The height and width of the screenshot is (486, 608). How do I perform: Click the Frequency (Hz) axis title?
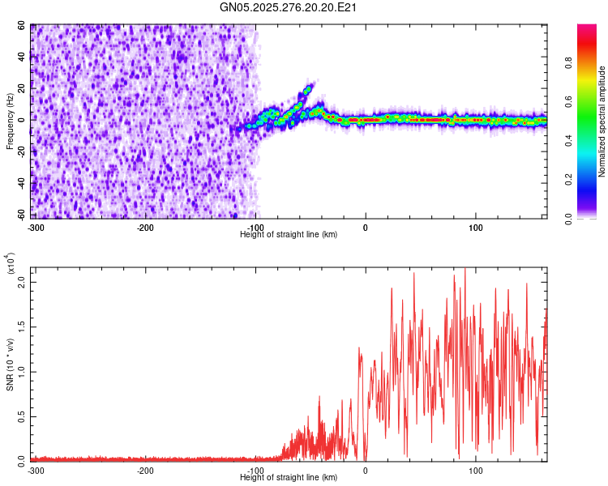tap(10, 122)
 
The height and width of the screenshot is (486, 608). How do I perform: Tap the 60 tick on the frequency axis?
tap(22, 27)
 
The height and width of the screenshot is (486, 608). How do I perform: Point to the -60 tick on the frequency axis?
tap(20, 215)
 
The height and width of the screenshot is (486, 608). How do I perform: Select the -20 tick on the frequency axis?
tap(20, 152)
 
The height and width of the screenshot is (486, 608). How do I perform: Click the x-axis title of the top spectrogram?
tap(289, 234)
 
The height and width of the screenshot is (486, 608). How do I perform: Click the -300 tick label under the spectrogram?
tap(36, 227)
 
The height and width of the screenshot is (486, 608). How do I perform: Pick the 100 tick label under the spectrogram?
tap(477, 227)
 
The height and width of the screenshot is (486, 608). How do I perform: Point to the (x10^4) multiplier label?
tap(11, 264)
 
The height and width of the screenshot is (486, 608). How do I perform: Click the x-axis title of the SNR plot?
tap(289, 478)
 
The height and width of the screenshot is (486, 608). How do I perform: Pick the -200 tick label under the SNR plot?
tap(146, 470)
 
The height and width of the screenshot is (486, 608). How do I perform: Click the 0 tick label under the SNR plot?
tap(366, 470)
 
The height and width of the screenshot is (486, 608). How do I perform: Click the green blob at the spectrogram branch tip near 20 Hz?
tap(308, 89)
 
